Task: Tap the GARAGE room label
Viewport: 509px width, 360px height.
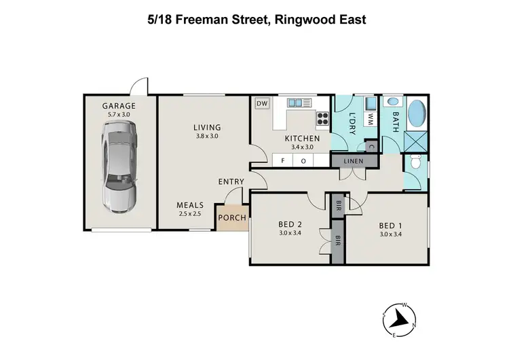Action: [119, 106]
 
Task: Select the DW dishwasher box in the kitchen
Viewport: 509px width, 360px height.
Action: [261, 104]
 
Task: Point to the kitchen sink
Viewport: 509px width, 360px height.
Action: [298, 103]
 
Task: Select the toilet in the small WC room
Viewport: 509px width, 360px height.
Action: [416, 165]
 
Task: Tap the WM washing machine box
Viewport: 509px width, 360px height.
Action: [371, 119]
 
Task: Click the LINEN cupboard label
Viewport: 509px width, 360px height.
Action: [354, 161]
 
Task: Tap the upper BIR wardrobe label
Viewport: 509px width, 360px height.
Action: [337, 205]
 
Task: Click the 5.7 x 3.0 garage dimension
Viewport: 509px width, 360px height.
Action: [119, 115]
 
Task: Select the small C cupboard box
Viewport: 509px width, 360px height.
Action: [371, 145]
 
